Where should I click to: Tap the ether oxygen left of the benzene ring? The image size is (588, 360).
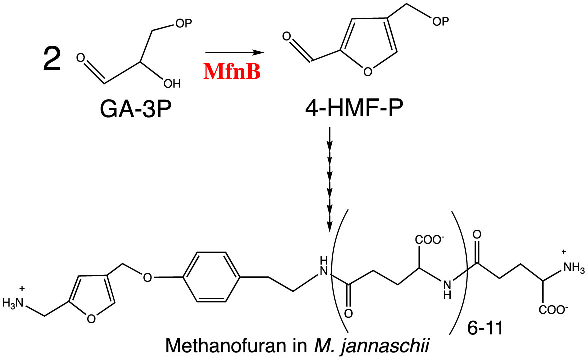point(147,276)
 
